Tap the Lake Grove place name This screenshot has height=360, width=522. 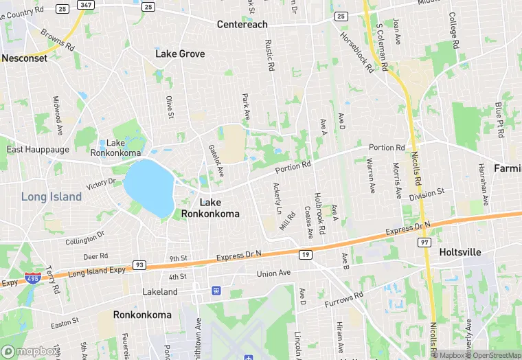(x=180, y=54)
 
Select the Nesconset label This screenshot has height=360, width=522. (x=25, y=58)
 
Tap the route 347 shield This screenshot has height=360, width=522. (x=85, y=5)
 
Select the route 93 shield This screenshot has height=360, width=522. (x=139, y=265)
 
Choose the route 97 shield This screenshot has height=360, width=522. (x=424, y=243)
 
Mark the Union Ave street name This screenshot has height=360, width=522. (x=274, y=273)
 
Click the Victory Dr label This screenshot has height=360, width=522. (x=101, y=184)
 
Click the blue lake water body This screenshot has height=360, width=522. (x=149, y=188)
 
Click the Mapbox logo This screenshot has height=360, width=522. (x=28, y=351)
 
